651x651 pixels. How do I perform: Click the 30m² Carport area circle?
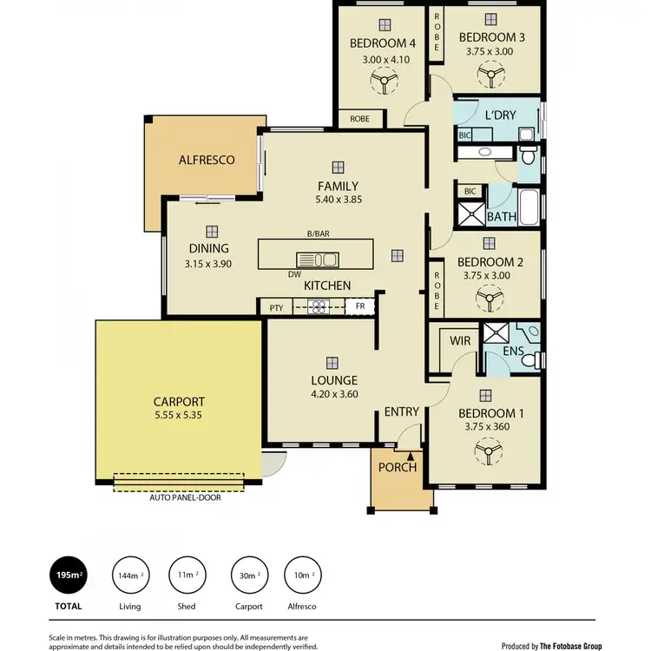248,575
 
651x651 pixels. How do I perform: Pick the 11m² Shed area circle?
185,575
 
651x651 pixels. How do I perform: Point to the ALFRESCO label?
207,161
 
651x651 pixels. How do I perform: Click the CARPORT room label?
179,402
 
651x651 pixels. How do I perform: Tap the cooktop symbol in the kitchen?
318,306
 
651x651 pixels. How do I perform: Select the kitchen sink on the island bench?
317,259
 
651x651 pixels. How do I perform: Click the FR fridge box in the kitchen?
359,306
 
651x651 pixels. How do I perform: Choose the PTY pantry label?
276,307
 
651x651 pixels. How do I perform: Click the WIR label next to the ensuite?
460,341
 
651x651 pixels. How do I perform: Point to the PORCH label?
398,467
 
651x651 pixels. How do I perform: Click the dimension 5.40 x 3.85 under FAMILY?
338,200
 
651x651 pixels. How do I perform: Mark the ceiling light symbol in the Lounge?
331,363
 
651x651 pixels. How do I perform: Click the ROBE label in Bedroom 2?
437,291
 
